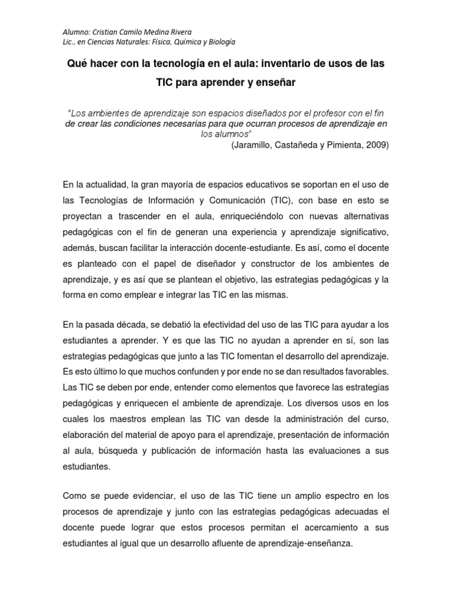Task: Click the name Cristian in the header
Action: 103,32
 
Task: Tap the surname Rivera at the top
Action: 178,32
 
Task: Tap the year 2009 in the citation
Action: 375,145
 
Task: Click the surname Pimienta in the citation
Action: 340,145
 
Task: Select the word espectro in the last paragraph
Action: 329,496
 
